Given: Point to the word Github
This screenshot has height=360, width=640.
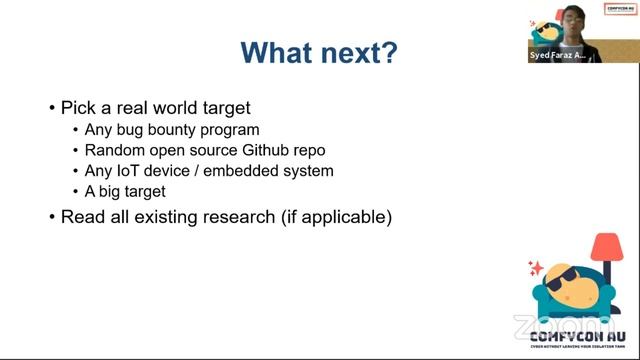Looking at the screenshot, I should [265, 150].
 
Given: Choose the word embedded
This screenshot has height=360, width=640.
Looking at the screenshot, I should [238, 171].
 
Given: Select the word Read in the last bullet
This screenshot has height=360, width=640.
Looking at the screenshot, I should [81, 216].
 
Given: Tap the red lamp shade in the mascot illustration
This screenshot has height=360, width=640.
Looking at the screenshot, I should [607, 247].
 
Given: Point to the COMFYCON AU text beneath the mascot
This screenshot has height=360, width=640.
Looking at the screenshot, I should [578, 336].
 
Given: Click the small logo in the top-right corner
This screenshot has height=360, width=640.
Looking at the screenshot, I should [621, 9].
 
